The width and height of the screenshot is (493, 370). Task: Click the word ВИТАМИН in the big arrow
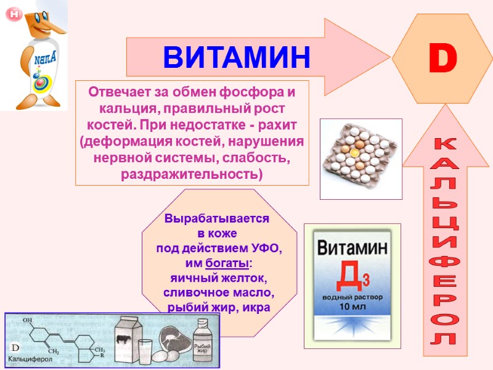[x=237, y=57]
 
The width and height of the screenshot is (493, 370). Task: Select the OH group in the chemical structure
[x=27, y=321]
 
